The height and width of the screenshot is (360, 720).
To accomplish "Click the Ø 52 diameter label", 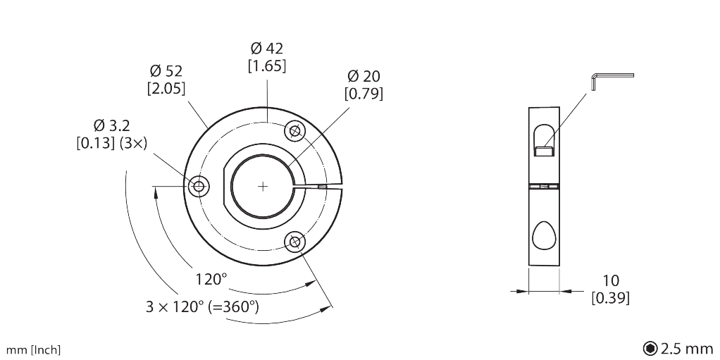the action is click(166, 71).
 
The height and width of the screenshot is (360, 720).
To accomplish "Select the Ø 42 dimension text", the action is click(267, 48).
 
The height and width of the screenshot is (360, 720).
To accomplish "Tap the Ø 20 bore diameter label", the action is click(364, 76).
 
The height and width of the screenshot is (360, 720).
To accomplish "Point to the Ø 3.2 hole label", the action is click(111, 125).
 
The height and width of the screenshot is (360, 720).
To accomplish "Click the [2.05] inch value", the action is click(166, 89).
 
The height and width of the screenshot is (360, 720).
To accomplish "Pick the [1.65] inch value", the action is click(267, 66).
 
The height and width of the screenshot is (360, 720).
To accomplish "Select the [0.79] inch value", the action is click(364, 94).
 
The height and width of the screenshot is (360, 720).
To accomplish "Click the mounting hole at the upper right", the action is click(294, 131).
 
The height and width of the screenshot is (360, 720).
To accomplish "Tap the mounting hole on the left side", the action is click(199, 187).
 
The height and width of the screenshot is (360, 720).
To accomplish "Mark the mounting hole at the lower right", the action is click(294, 242).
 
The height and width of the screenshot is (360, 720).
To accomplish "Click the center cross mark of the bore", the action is click(263, 187).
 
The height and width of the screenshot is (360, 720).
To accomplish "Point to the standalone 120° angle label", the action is click(211, 279).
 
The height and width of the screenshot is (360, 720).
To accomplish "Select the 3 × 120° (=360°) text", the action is click(202, 306).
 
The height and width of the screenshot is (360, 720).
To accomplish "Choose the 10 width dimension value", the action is click(610, 280).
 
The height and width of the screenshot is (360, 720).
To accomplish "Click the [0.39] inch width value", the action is click(610, 298).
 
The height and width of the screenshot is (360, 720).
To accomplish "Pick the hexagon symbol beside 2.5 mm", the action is click(650, 349).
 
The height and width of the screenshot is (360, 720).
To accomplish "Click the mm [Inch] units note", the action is click(33, 350).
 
